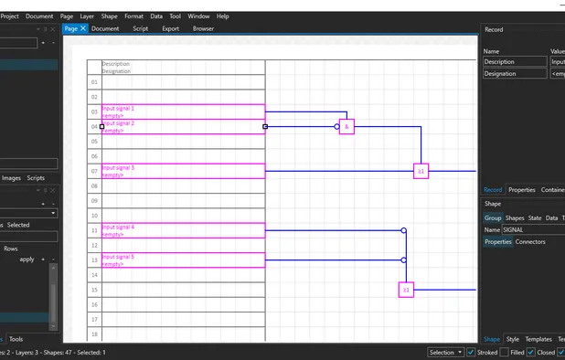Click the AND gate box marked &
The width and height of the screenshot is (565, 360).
(x=346, y=127)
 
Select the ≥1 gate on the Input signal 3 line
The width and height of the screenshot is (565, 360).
(x=421, y=171)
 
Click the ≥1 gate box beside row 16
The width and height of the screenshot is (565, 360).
(x=406, y=290)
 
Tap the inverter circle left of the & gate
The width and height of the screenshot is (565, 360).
(x=336, y=127)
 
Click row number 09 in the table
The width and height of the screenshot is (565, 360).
(x=94, y=201)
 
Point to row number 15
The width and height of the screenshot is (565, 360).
(x=94, y=290)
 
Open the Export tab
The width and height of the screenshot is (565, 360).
(x=170, y=28)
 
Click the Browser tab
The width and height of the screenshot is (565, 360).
(x=203, y=28)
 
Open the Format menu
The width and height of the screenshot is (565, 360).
(x=133, y=16)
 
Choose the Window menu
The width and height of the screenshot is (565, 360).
(x=198, y=16)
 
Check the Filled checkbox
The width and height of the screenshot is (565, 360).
(x=505, y=352)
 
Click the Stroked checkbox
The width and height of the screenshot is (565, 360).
(x=471, y=352)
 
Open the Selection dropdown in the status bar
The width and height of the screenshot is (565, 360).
(x=445, y=352)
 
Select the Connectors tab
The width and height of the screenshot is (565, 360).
(x=530, y=242)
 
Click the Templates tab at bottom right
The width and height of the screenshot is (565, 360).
(x=538, y=339)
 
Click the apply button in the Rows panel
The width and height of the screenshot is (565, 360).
(x=27, y=259)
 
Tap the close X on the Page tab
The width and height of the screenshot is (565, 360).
(x=83, y=28)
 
